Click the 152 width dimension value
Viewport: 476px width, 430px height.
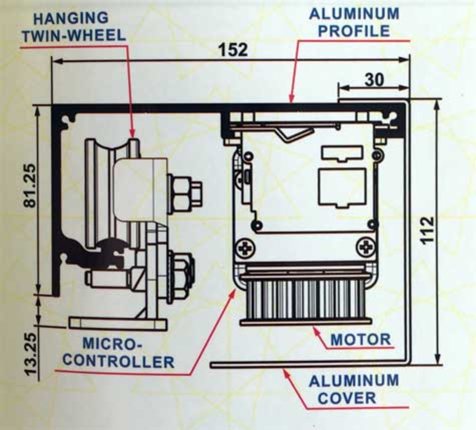[234, 49]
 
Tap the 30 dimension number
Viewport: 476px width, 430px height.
[374, 80]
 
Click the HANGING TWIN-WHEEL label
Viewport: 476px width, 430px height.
[78, 26]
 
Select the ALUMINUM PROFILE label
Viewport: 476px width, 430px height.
[354, 22]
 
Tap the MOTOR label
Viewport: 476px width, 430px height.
[361, 339]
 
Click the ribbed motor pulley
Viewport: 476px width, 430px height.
[306, 299]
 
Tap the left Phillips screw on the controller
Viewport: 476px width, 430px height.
[244, 248]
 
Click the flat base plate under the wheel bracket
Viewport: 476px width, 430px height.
[118, 323]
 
